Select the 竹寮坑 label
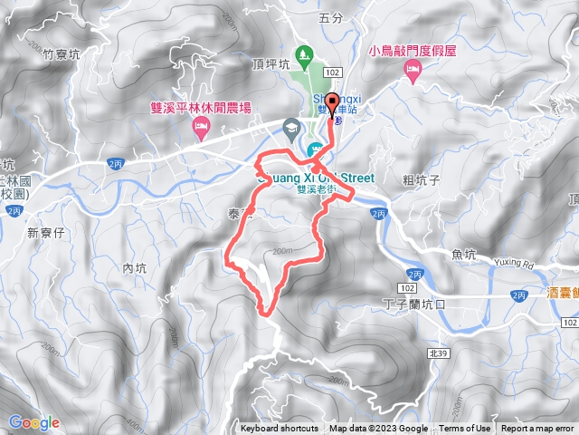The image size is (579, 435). [x=62, y=55]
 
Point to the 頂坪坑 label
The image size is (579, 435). [x=270, y=64]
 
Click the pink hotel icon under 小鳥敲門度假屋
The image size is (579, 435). [x=413, y=72]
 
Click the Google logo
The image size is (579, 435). [x=33, y=422]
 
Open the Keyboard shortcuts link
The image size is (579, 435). [x=280, y=429]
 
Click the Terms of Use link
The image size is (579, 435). [x=465, y=429]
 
